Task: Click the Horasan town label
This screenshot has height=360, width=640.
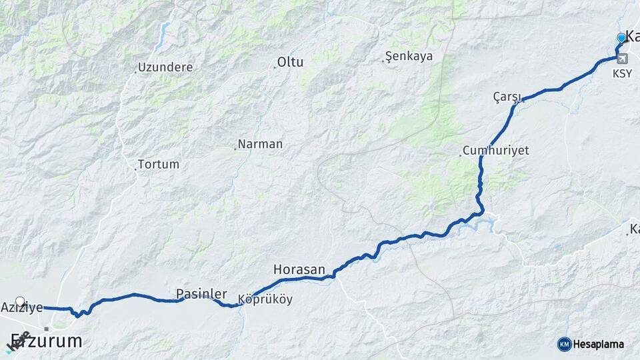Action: pos(299,270)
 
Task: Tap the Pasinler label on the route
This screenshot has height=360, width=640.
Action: pos(201,294)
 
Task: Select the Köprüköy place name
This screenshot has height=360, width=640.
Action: pos(265,300)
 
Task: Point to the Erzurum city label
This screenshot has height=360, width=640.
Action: pos(47,341)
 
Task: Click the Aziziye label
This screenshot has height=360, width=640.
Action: pos(22,308)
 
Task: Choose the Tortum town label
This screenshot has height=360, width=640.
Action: pos(159,164)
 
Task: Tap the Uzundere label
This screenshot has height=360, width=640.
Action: pos(165,67)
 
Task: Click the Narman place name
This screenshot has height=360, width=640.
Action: pos(261,144)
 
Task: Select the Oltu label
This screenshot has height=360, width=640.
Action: pos(291,63)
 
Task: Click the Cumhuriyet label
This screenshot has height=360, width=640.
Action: pos(495,151)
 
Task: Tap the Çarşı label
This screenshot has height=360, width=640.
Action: pos(506,97)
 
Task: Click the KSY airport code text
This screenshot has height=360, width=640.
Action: pos(622,74)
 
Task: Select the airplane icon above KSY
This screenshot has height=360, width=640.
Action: pos(622,59)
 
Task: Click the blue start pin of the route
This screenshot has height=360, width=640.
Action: pos(621,38)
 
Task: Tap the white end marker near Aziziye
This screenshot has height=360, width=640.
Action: pos(20,301)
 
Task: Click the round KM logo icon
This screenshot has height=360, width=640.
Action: pos(564,344)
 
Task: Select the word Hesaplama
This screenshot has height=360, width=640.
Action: pos(599,345)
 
